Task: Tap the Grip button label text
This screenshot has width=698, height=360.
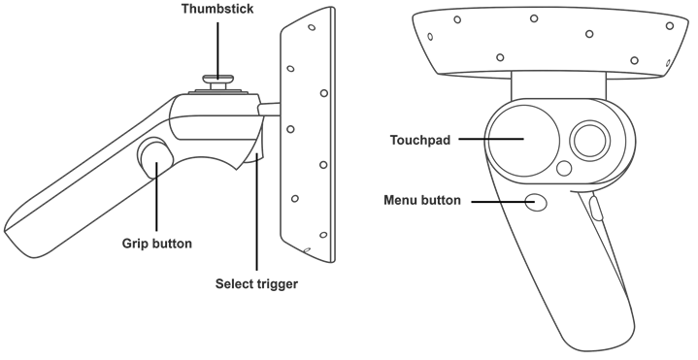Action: [x=156, y=243]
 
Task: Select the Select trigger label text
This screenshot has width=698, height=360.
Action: [x=256, y=284]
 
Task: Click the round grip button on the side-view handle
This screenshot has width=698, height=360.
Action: [x=152, y=155]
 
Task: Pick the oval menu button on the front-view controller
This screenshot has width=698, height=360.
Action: [x=536, y=202]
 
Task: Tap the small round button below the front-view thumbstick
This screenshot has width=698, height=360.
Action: [x=564, y=168]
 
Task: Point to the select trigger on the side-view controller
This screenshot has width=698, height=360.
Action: [x=257, y=146]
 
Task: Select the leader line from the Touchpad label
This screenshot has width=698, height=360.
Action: [x=490, y=139]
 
